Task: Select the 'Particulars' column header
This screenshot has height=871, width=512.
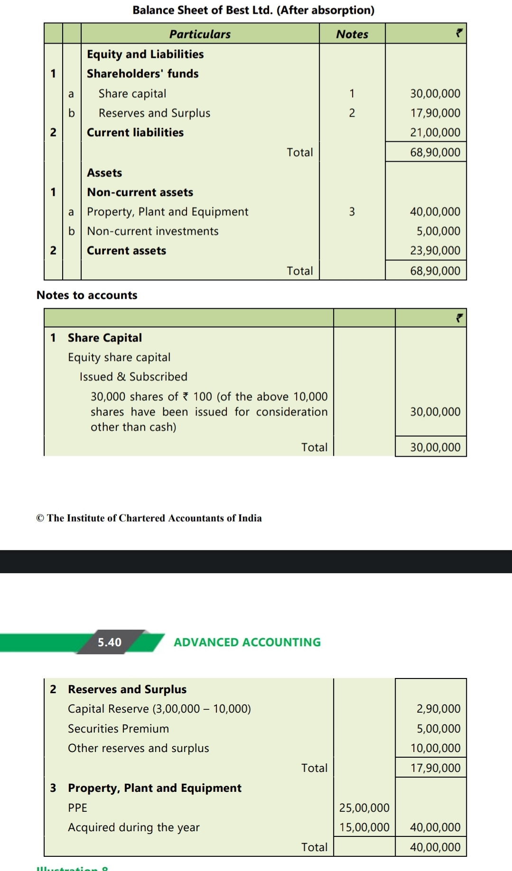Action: click(200, 34)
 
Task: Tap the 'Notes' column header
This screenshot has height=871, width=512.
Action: click(352, 34)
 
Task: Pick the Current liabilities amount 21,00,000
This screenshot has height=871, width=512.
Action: click(435, 132)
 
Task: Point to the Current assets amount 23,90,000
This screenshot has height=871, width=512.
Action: click(435, 250)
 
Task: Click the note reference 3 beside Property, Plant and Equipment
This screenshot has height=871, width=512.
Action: click(352, 211)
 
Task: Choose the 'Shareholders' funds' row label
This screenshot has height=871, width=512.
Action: click(142, 73)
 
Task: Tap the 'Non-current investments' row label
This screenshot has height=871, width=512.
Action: click(152, 231)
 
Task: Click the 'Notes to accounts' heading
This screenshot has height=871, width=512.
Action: click(87, 295)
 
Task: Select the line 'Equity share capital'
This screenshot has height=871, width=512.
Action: click(119, 357)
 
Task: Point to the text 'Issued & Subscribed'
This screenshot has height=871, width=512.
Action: click(133, 376)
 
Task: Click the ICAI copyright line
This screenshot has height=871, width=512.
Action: click(149, 518)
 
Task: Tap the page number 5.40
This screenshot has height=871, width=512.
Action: click(110, 642)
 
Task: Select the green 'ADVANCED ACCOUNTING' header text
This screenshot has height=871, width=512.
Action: click(247, 642)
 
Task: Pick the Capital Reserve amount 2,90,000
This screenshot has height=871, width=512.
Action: click(438, 708)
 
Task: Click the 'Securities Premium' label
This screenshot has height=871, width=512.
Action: click(118, 728)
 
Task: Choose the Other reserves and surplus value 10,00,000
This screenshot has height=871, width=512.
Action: click(435, 748)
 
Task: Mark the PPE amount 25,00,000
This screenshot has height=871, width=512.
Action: click(364, 807)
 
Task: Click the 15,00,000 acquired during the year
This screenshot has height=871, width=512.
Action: click(364, 827)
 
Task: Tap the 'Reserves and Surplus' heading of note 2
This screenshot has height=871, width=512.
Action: click(127, 689)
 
